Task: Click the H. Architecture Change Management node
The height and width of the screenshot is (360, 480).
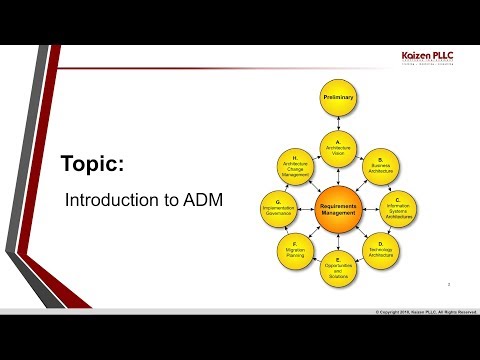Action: coord(295,165)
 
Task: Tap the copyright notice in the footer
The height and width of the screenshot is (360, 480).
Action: coord(420,312)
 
